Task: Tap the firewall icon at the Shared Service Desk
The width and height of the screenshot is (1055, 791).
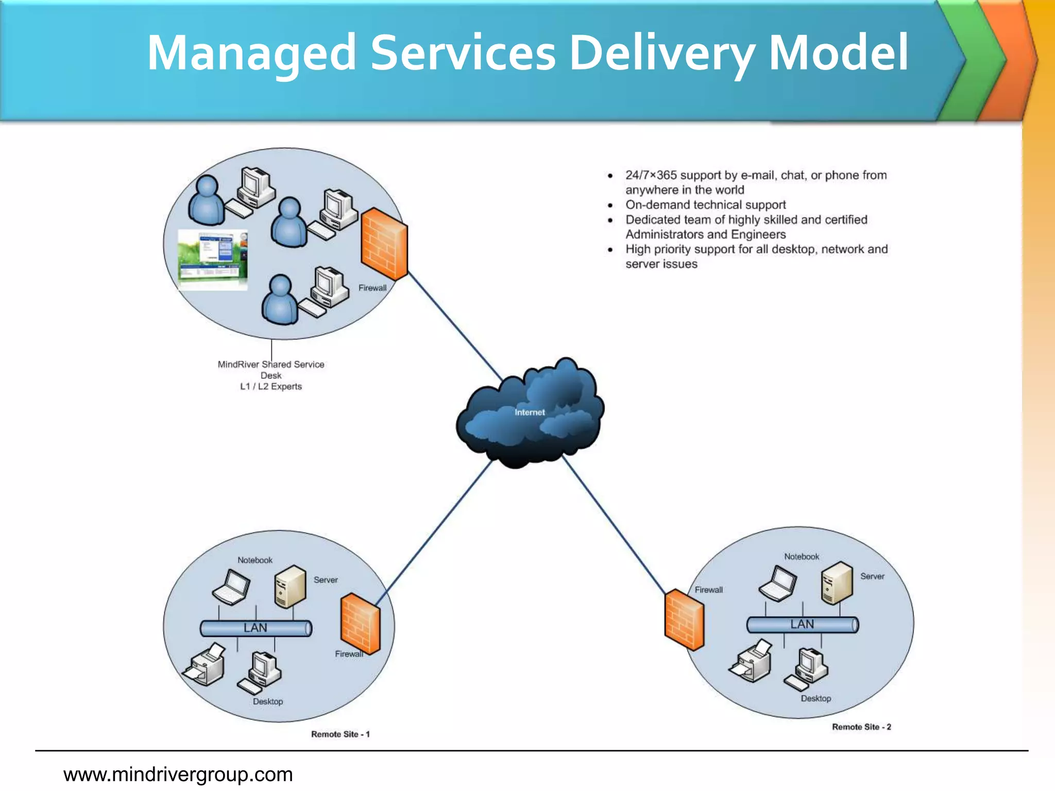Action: (x=384, y=244)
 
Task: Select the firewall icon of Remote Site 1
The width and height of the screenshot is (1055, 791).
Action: (x=361, y=623)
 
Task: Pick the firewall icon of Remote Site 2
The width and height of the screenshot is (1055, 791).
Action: (x=684, y=620)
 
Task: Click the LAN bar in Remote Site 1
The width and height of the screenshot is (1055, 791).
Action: (x=256, y=628)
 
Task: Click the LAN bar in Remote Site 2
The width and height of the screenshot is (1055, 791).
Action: (x=803, y=625)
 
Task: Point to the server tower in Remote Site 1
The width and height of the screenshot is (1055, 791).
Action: (x=291, y=587)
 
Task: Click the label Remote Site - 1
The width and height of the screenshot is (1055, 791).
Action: (x=341, y=734)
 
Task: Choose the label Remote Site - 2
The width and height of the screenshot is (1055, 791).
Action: (x=861, y=727)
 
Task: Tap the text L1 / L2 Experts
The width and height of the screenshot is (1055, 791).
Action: (x=271, y=387)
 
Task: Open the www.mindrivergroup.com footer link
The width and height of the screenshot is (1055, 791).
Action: (x=178, y=775)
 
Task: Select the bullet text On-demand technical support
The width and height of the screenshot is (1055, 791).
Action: (x=705, y=205)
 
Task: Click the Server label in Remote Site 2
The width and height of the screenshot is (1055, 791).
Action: (x=872, y=577)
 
